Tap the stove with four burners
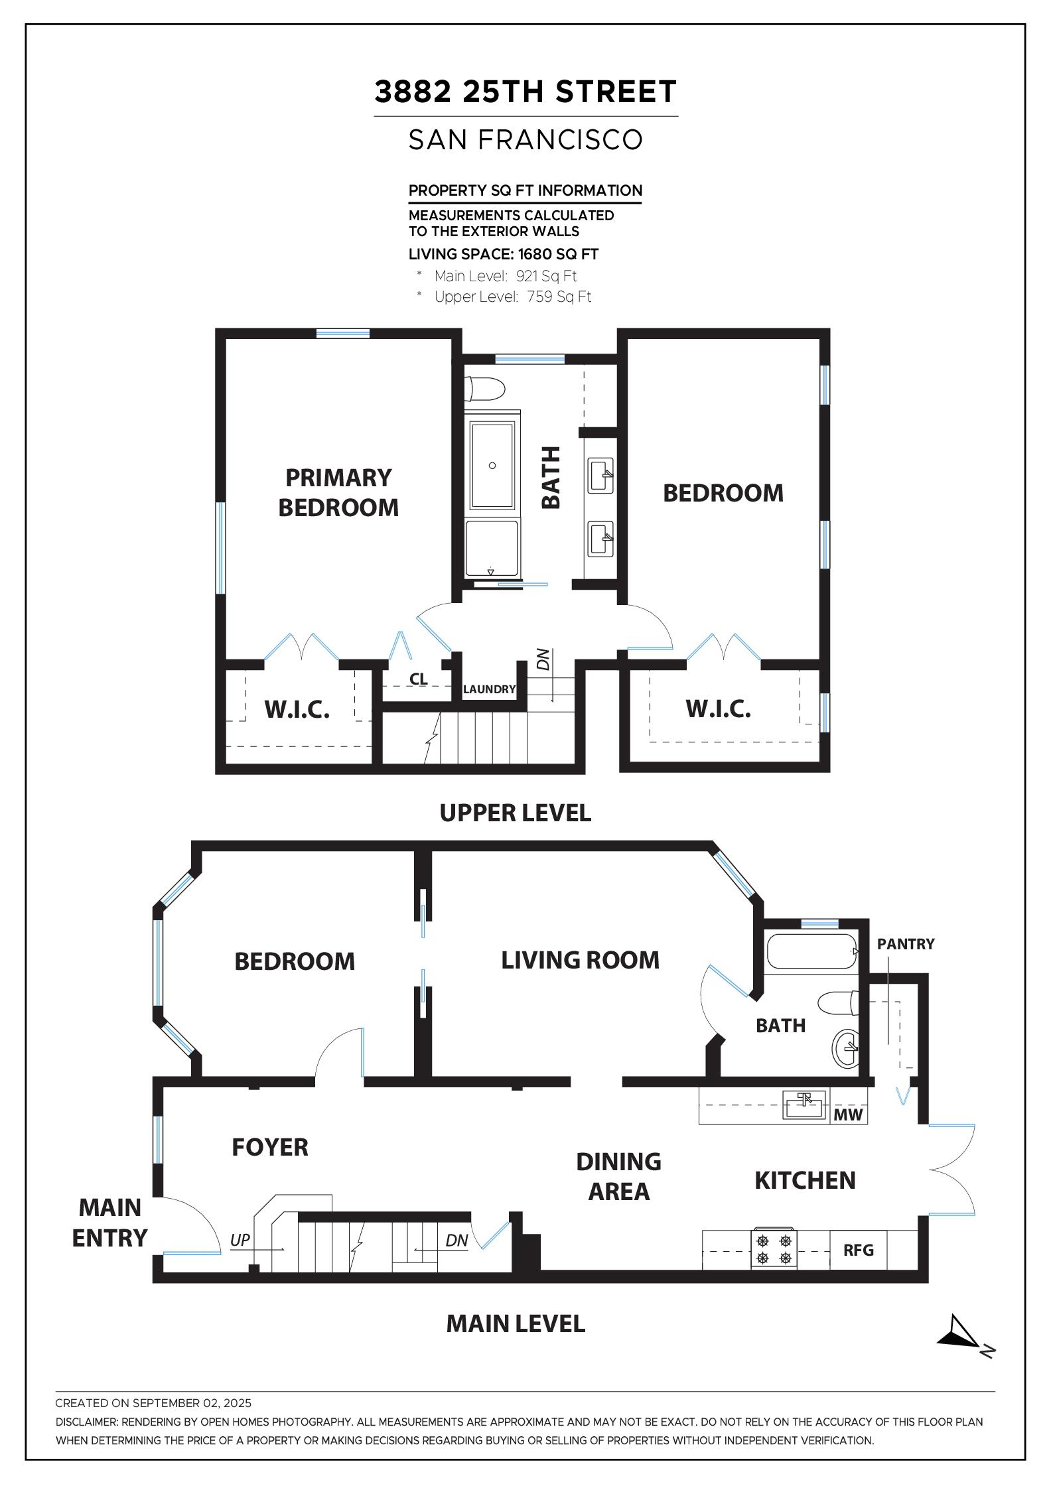tap(774, 1249)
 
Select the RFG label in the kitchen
tap(859, 1250)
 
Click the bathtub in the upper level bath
tap(492, 465)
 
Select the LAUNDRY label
tap(489, 689)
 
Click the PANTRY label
tap(906, 944)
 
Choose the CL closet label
tap(418, 679)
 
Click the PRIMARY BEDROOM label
tap(338, 492)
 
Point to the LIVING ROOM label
tap(580, 960)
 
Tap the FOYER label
tap(270, 1147)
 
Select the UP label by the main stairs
tap(240, 1240)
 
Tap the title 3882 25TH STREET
tap(525, 92)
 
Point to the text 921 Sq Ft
tap(547, 276)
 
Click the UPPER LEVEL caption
tap(516, 813)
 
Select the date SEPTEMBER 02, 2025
tap(192, 1403)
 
